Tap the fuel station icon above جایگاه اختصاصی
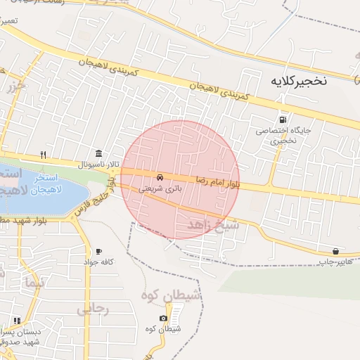283,119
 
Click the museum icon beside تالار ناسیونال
97,154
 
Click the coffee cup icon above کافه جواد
98,252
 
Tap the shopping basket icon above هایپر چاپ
335,251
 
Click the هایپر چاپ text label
333,262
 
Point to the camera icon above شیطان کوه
164,319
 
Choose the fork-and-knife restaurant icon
43,155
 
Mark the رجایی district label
93,309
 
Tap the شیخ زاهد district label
214,225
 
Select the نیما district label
34,283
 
